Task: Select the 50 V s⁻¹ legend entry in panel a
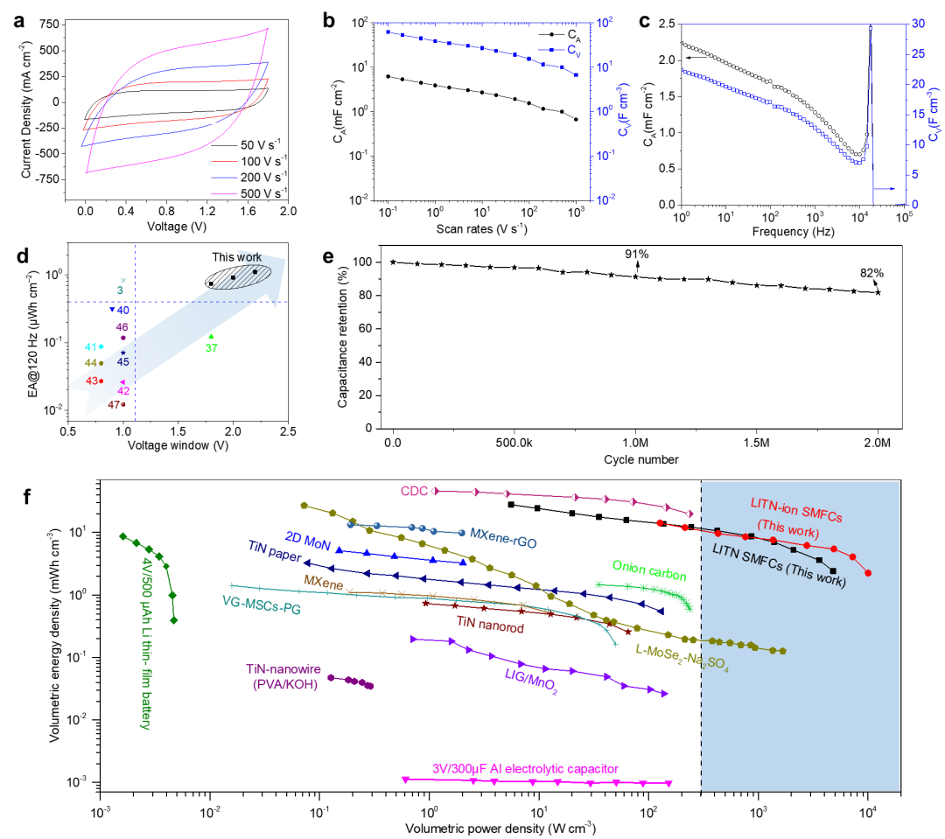pos(246,144)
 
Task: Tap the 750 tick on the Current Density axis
pos(49,24)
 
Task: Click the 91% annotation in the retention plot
pos(636,254)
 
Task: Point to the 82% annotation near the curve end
pos(871,273)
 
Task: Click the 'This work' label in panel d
pos(237,257)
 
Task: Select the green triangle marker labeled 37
pos(211,336)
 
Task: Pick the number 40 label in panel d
pos(123,311)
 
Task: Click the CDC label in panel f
pos(414,491)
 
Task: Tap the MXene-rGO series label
pos(503,538)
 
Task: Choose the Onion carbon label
pos(649,570)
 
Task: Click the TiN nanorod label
pos(490,625)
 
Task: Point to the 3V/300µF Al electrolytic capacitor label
pos(525,769)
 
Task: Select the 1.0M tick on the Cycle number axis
pos(636,443)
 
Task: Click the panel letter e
pos(328,256)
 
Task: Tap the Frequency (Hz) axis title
pos(793,232)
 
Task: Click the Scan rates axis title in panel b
pos(481,229)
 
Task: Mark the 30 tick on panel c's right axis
pos(918,24)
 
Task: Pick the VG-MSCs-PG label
pos(262,605)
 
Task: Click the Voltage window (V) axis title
pos(178,445)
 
